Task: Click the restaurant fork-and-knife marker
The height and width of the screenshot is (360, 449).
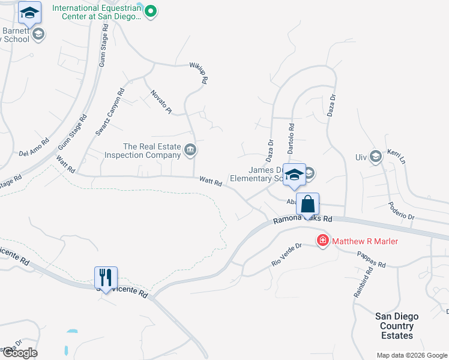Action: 106,278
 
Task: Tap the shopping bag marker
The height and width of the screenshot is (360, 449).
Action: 307,205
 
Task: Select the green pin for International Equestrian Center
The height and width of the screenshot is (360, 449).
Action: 151,10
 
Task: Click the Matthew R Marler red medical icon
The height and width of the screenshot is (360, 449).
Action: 323,241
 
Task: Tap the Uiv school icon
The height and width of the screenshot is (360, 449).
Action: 376,157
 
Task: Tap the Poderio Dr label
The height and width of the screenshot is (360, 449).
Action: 402,211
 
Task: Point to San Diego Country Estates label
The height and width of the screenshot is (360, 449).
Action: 397,326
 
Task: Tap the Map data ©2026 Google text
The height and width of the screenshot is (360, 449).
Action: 411,355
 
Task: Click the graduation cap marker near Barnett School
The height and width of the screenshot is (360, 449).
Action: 29,12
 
